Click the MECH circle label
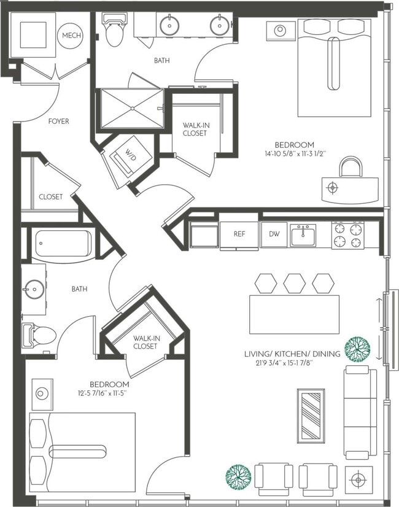pyautogui.click(x=69, y=36)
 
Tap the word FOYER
pyautogui.click(x=59, y=122)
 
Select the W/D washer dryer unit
pyautogui.click(x=129, y=157)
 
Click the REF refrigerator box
pyautogui.click(x=240, y=234)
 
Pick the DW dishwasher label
pyautogui.click(x=274, y=234)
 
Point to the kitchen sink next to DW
pyautogui.click(x=303, y=234)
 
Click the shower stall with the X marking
pyautogui.click(x=133, y=109)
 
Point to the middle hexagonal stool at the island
pyautogui.click(x=295, y=282)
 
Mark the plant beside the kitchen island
pyautogui.click(x=357, y=349)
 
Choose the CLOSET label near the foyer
pyautogui.click(x=50, y=197)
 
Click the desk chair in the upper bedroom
pyautogui.click(x=351, y=167)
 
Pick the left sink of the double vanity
pyautogui.click(x=169, y=25)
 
